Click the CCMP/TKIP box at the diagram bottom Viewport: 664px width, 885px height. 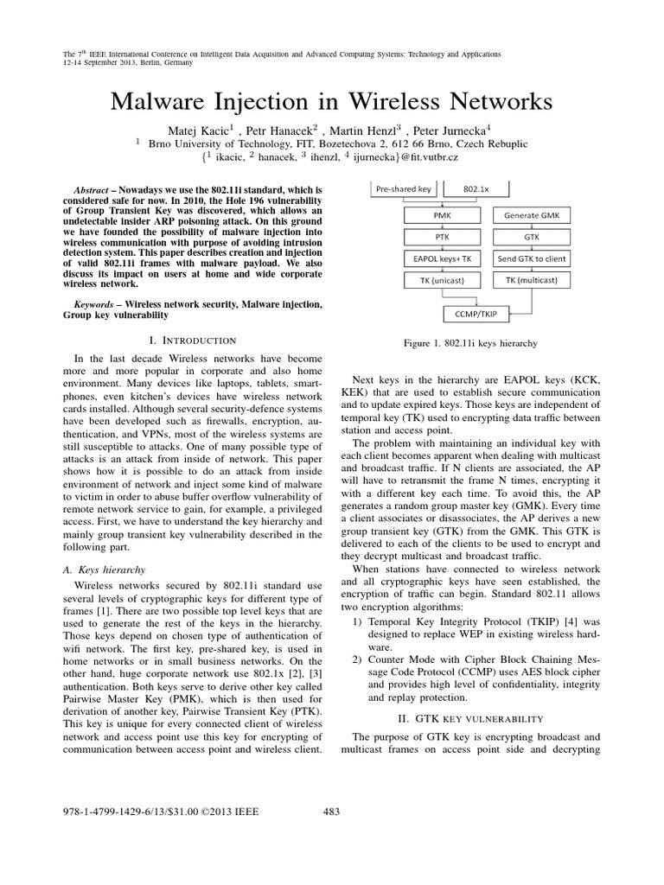(x=476, y=311)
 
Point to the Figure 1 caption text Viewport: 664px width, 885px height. (x=470, y=343)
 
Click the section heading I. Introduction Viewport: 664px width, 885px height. (x=193, y=341)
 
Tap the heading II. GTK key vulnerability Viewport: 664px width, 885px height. (x=470, y=717)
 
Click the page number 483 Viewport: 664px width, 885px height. (x=332, y=811)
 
